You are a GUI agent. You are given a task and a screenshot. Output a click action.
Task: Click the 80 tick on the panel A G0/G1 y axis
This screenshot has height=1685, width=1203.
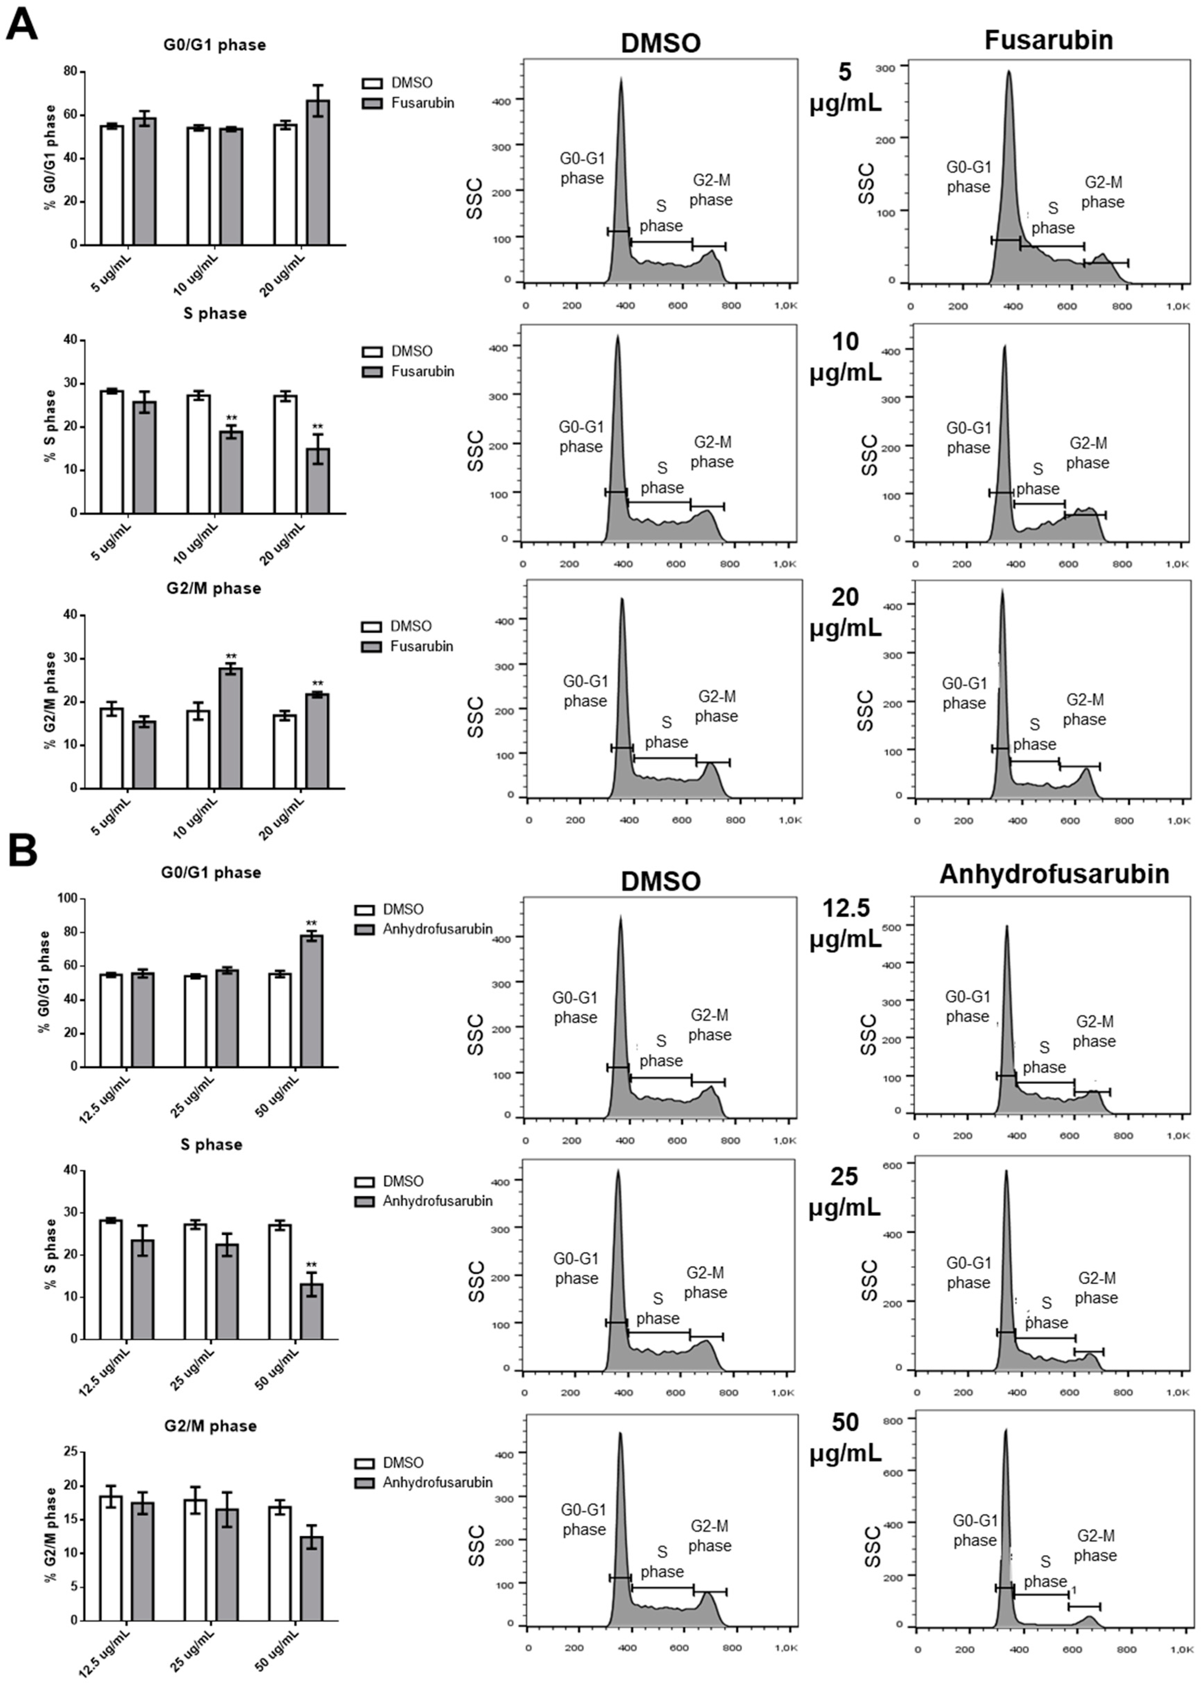(x=71, y=71)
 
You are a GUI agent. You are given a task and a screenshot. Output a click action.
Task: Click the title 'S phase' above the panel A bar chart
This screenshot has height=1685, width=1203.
(x=215, y=313)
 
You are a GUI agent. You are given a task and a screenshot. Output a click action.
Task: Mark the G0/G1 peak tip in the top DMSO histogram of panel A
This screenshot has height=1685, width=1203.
(x=621, y=79)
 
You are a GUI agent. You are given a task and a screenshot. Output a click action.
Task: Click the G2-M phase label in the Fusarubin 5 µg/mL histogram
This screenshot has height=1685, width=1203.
(x=1102, y=192)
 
